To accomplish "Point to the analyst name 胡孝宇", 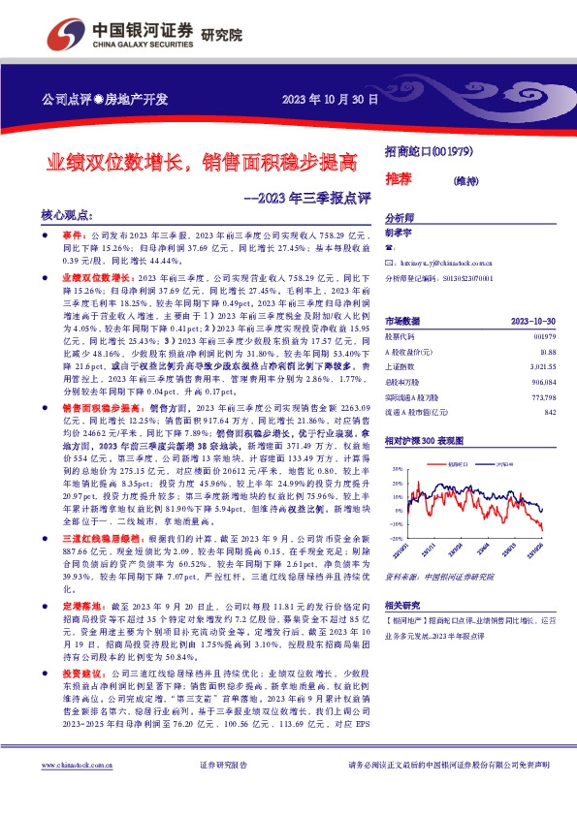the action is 400,233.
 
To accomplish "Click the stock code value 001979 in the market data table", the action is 544,335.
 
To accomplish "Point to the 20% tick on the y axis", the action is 395,468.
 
